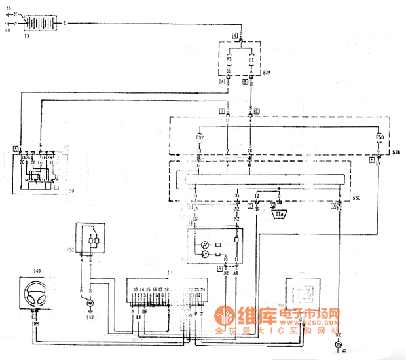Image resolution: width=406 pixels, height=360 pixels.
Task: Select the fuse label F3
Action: pos(229,60)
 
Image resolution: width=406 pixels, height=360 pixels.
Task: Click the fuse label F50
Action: pos(379,139)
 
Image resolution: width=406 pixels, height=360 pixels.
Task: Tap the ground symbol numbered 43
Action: pos(338,345)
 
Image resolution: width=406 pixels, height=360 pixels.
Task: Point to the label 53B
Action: pos(396,152)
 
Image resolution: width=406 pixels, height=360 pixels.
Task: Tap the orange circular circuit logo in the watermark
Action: pos(228,316)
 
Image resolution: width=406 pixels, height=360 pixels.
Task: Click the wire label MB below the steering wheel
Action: pos(37,321)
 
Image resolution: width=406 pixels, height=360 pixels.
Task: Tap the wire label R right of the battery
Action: pos(64,23)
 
